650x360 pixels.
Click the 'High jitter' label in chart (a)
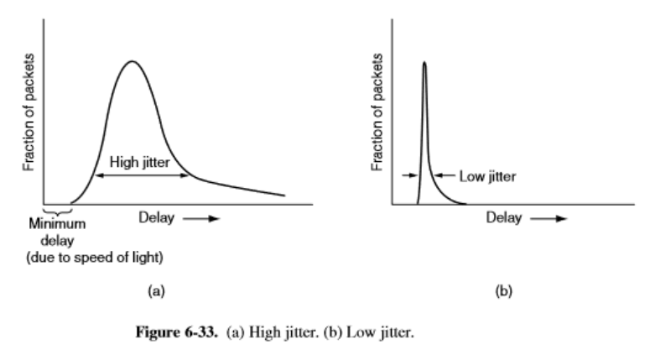[x=138, y=162]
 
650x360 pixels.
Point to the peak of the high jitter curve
[x=131, y=61]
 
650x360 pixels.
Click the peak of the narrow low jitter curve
[x=424, y=62]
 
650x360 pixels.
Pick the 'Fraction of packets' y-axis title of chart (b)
[x=377, y=113]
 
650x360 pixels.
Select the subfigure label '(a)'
[x=154, y=292]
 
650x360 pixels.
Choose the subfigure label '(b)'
[x=503, y=292]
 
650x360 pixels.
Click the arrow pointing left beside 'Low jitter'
[x=444, y=176]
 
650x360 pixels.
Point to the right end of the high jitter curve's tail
[x=284, y=196]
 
